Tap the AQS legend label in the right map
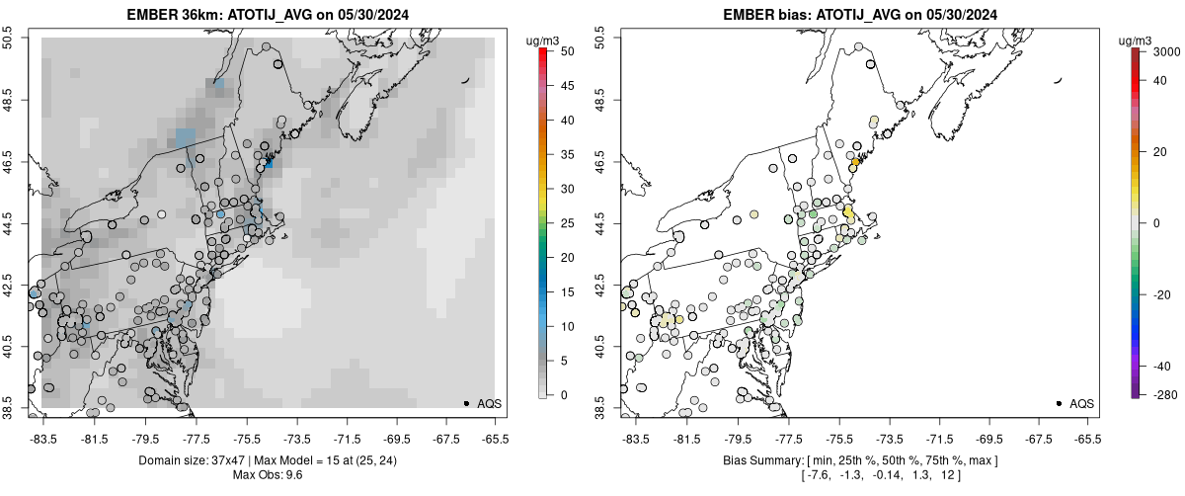[1082, 404]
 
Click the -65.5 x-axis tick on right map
[1087, 438]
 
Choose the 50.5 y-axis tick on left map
[13, 39]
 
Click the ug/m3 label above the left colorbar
[547, 40]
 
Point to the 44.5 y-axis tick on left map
[13, 222]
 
